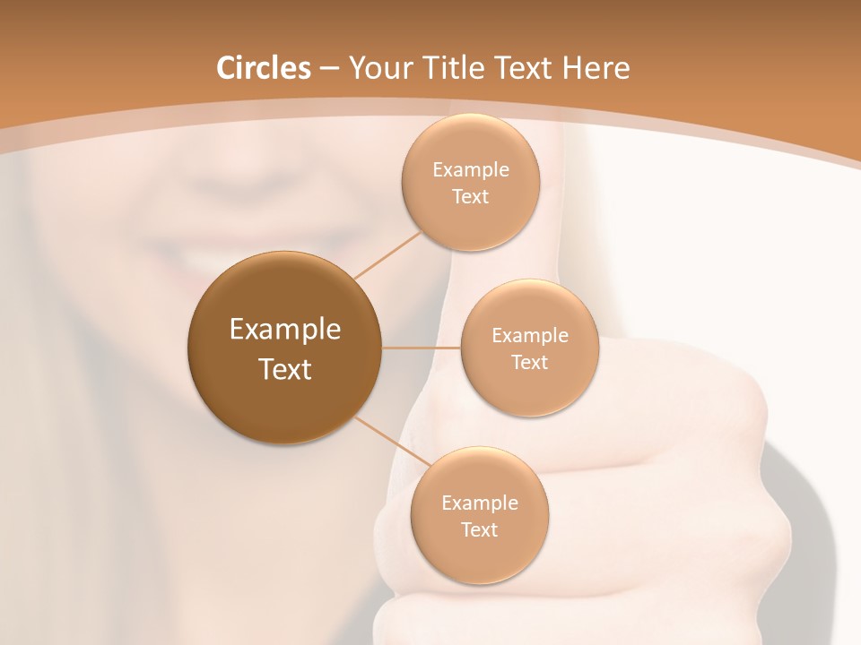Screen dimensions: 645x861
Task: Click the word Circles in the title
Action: click(264, 68)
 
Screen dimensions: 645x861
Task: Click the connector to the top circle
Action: click(387, 255)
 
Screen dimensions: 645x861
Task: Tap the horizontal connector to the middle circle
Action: click(421, 348)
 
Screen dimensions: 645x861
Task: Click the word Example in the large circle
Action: click(285, 330)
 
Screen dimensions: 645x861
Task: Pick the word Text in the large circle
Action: click(285, 369)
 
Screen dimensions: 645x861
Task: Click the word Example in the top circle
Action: click(471, 170)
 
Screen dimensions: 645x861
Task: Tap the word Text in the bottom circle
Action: click(479, 529)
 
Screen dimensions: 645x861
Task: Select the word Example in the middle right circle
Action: click(530, 336)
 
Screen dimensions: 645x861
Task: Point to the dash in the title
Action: click(329, 68)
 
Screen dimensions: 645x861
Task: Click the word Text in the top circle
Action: click(470, 196)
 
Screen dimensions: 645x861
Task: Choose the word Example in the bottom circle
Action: click(480, 503)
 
